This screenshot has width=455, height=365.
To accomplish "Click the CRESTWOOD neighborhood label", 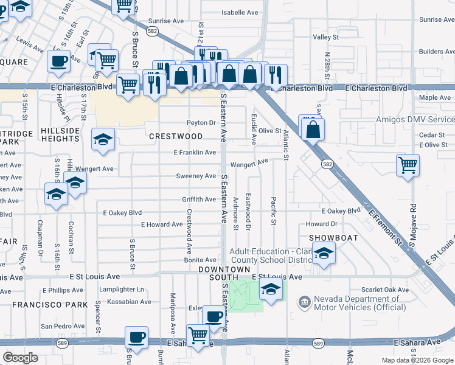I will click(x=176, y=136).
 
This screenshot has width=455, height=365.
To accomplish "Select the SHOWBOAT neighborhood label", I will click(x=331, y=237).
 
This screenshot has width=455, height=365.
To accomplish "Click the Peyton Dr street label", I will click(x=201, y=123).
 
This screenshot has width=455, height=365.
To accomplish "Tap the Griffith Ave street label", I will click(x=199, y=200).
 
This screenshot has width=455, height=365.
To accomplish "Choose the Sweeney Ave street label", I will click(x=196, y=176).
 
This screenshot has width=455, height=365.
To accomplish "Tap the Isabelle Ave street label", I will click(x=239, y=12).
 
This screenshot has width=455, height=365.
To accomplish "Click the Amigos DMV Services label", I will click(x=415, y=120).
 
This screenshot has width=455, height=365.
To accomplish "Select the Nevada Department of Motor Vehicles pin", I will click(x=304, y=301).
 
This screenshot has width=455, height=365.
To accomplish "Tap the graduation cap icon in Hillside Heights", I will click(x=103, y=139).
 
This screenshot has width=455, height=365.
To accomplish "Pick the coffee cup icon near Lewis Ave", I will click(x=59, y=61).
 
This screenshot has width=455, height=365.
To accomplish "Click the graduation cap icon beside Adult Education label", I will click(x=324, y=254).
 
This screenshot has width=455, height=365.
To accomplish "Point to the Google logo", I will click(x=20, y=358).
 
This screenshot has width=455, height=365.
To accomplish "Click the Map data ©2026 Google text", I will click(x=417, y=360).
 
